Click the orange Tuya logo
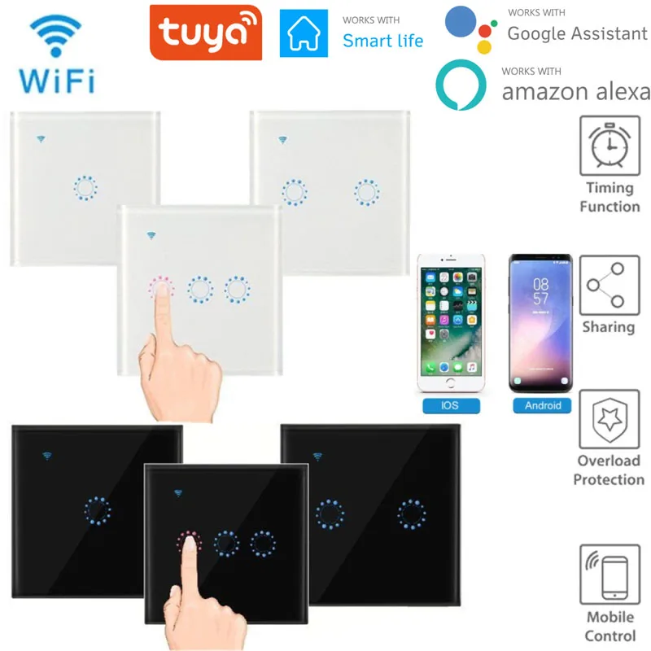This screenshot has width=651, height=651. pyautogui.click(x=205, y=33)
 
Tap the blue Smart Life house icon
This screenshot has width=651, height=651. pyautogui.click(x=304, y=33)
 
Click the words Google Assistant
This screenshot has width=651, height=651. pyautogui.click(x=576, y=33)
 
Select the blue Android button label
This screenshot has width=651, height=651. pyautogui.click(x=542, y=404)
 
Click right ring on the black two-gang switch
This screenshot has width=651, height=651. pyautogui.click(x=412, y=513)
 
